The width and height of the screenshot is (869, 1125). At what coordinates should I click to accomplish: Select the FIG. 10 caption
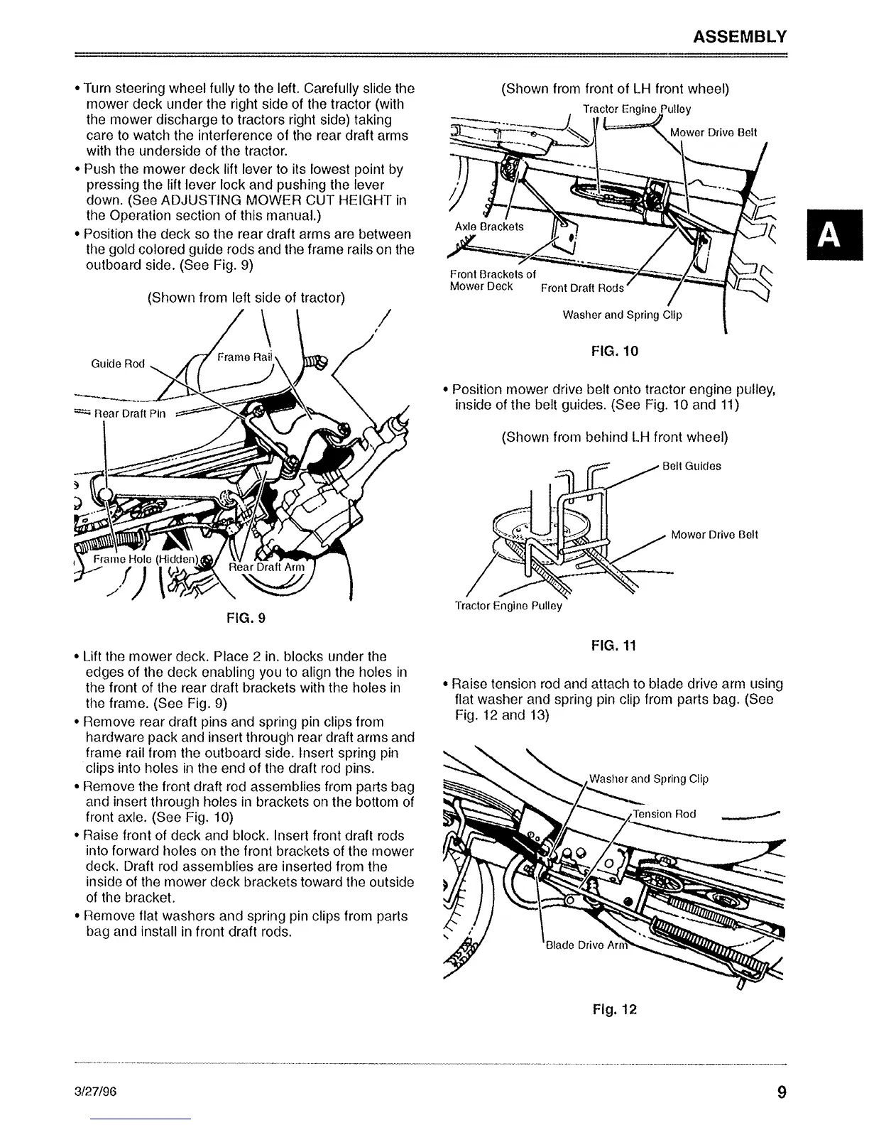pos(614,350)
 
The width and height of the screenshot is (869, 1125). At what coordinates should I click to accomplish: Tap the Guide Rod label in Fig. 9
pos(118,364)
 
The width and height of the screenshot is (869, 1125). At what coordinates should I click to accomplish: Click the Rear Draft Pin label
pos(130,414)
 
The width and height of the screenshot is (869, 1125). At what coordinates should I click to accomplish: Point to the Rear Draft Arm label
pos(267,567)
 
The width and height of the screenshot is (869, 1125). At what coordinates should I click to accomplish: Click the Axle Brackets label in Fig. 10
pos(488,227)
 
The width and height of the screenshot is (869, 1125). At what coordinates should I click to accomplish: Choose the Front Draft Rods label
pos(582,288)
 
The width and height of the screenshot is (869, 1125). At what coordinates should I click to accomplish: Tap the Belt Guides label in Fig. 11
pos(691,466)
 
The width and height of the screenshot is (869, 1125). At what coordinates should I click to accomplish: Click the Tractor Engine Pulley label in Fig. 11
pos(508,606)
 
